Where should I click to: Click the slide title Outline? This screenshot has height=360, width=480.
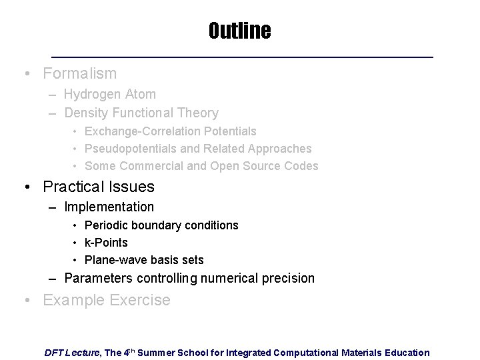[239, 31]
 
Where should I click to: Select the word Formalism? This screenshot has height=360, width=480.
[79, 73]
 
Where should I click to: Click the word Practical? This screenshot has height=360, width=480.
[75, 187]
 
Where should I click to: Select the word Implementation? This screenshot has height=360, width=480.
[109, 207]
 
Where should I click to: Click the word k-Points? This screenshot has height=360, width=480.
[107, 243]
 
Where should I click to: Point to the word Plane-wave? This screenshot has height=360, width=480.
[114, 260]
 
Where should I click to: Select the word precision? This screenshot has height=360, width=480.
[289, 278]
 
